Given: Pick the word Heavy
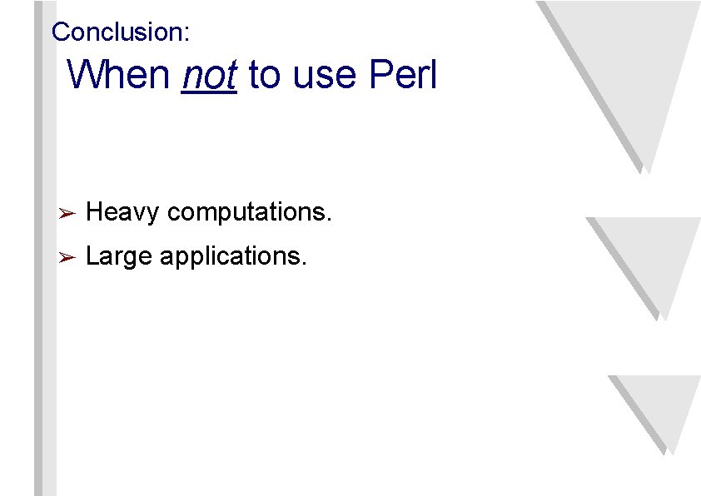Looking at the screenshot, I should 122,213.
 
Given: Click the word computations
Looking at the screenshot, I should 247,214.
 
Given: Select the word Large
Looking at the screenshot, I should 119,256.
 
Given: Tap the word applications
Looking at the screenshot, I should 231,256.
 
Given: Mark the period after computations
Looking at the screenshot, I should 330,220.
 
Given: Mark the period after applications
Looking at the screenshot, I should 305,263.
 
